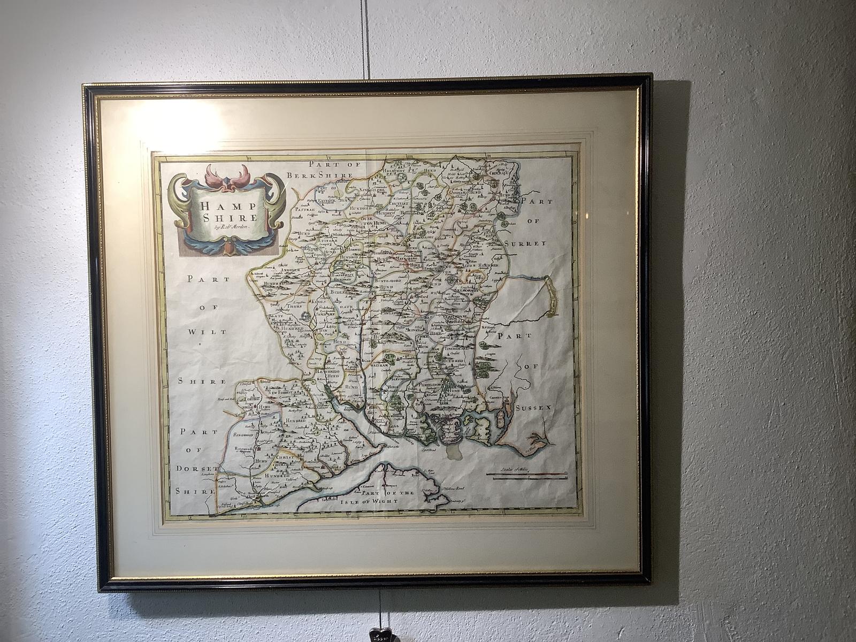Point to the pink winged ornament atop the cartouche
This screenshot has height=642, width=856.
tap(227, 177)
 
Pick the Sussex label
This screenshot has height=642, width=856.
tap(530, 408)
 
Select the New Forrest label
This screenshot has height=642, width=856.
tap(281, 392)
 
